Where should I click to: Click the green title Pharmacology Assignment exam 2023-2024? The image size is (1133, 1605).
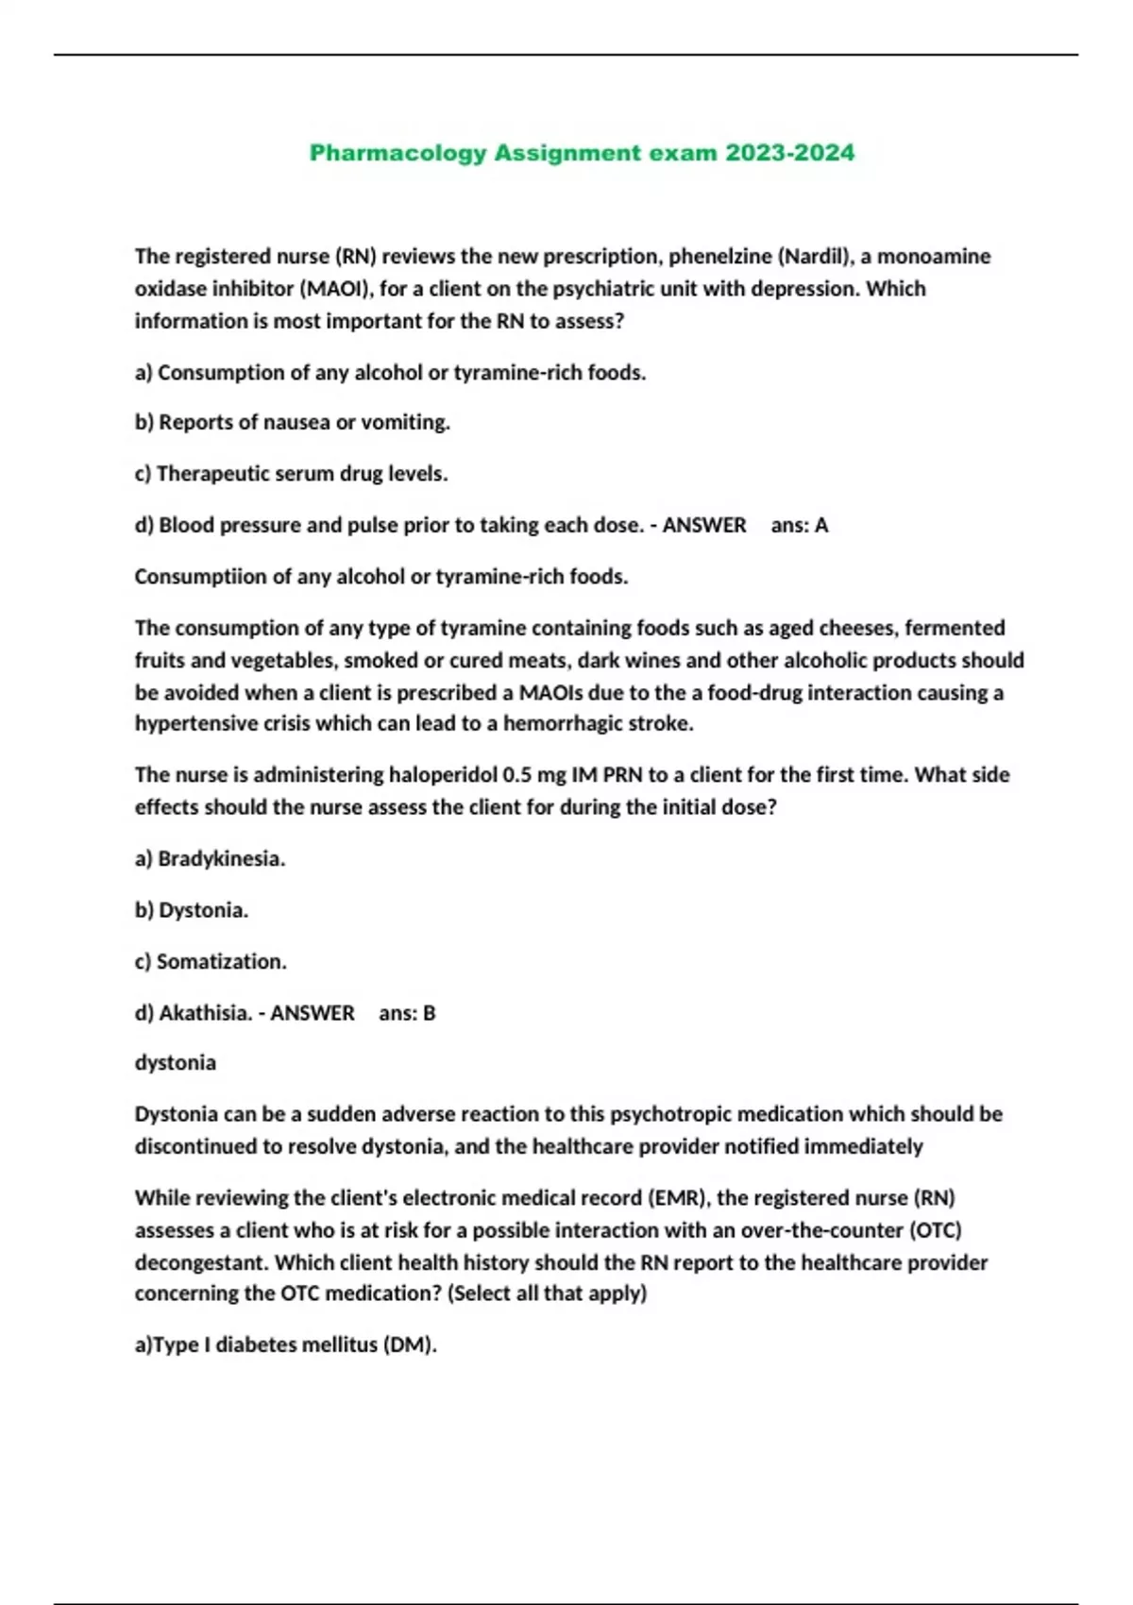pos(582,153)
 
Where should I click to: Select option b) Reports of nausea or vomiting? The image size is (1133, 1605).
pos(293,422)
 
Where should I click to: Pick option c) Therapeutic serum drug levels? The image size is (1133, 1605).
pos(291,474)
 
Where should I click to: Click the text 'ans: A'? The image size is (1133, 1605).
pos(799,525)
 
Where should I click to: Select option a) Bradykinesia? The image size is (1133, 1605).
pos(210,859)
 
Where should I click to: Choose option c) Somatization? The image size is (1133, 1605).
pos(211,962)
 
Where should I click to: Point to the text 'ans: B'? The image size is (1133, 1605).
pos(407,1013)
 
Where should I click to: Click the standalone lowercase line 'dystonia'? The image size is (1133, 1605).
pos(176,1063)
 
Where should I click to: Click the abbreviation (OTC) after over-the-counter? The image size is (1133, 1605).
pos(935,1230)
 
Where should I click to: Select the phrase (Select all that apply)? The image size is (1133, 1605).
pos(547,1293)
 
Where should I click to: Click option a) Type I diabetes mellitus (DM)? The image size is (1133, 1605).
pos(285,1344)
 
